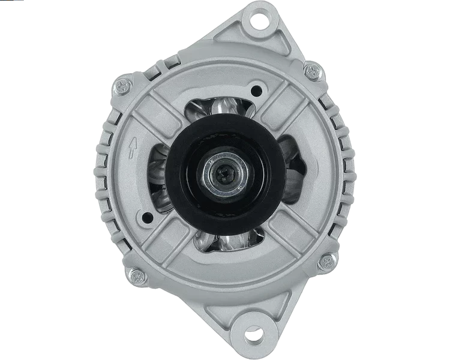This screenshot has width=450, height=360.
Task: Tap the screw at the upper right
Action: [313, 72]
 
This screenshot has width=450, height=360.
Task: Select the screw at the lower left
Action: [137, 275]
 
